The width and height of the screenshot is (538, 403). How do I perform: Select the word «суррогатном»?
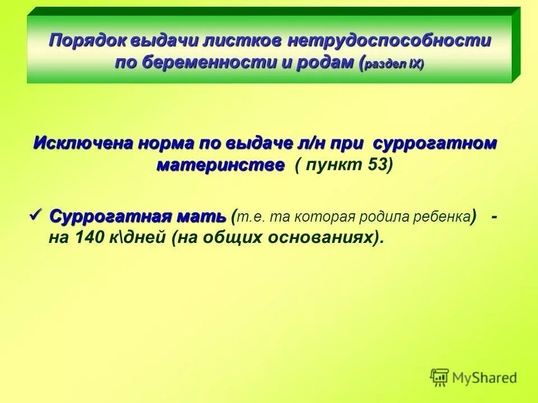[435, 143]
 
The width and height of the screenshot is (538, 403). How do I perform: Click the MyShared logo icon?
[439, 377]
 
